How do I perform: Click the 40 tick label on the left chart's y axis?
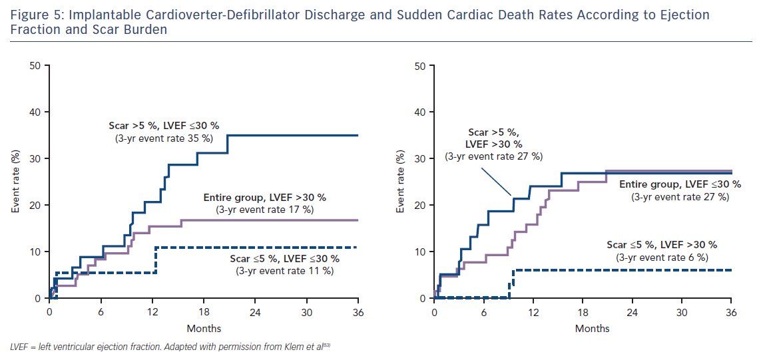[35, 112]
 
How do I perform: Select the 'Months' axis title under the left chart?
[204, 328]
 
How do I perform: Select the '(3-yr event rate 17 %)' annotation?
[264, 210]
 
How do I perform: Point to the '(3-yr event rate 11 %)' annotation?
[285, 271]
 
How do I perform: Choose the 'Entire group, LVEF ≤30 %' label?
[680, 184]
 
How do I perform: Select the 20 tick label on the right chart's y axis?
[421, 205]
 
